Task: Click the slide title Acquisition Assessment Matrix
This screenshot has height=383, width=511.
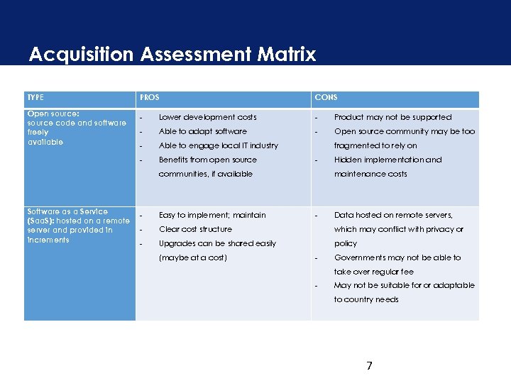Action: click(x=172, y=55)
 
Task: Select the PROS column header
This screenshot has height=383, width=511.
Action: click(x=150, y=97)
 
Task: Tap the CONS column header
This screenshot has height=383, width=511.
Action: click(x=326, y=97)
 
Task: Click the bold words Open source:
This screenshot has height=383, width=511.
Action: click(x=53, y=113)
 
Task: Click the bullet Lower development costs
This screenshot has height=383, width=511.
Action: click(x=207, y=117)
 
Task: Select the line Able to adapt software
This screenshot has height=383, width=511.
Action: click(x=202, y=131)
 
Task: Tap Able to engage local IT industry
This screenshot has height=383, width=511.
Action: click(x=218, y=145)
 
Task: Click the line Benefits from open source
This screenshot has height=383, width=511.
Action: click(x=207, y=160)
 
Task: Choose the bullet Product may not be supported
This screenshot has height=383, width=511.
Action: click(x=392, y=117)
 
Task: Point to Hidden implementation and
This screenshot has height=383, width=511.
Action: click(x=388, y=160)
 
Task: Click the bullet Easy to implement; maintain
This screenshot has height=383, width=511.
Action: click(x=212, y=215)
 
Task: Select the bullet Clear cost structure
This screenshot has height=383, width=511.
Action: click(x=195, y=229)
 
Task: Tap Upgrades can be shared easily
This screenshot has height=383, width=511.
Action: click(x=217, y=243)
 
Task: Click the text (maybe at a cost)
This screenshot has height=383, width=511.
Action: click(x=192, y=257)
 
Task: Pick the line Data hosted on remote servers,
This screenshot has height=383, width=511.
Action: click(x=393, y=215)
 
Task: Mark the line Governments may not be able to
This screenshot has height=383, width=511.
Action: click(x=397, y=257)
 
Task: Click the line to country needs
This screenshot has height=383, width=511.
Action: click(x=366, y=299)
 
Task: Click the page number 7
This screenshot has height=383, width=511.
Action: click(x=369, y=366)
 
